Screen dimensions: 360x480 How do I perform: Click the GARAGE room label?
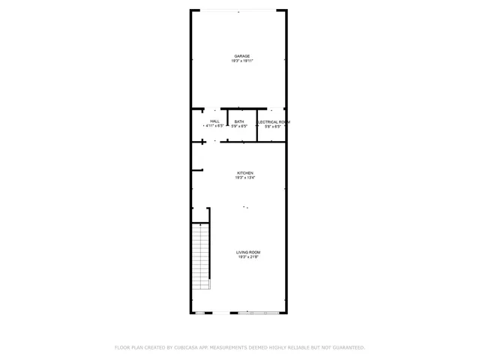[x=241, y=56]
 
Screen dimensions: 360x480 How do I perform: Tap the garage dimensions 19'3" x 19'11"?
[x=241, y=61]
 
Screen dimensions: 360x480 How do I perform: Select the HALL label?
[x=214, y=121]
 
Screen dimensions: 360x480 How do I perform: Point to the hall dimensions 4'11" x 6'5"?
[x=214, y=126]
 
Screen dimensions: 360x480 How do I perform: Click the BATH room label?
[x=238, y=121]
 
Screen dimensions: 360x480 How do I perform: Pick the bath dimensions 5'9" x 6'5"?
[x=238, y=126]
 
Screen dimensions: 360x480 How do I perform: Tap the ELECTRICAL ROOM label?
[x=274, y=121]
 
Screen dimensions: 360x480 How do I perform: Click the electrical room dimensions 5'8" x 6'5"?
[x=274, y=126]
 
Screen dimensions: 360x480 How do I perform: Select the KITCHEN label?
[x=245, y=173]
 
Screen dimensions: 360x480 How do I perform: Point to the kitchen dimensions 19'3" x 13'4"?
[x=245, y=178]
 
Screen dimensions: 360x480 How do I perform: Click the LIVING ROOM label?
[x=248, y=252]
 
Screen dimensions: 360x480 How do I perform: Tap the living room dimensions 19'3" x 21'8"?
[x=248, y=256]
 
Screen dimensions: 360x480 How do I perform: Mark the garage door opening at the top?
[x=238, y=10]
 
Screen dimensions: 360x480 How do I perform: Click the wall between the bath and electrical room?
[x=257, y=124]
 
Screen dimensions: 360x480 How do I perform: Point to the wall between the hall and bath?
[x=228, y=124]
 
